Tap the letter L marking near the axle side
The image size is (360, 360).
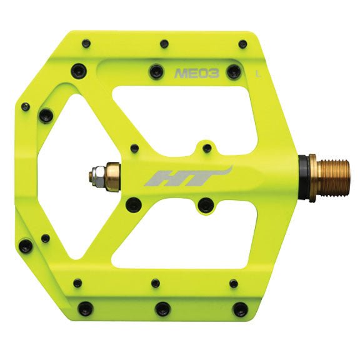point(258,73)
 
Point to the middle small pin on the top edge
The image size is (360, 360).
point(164,44)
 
